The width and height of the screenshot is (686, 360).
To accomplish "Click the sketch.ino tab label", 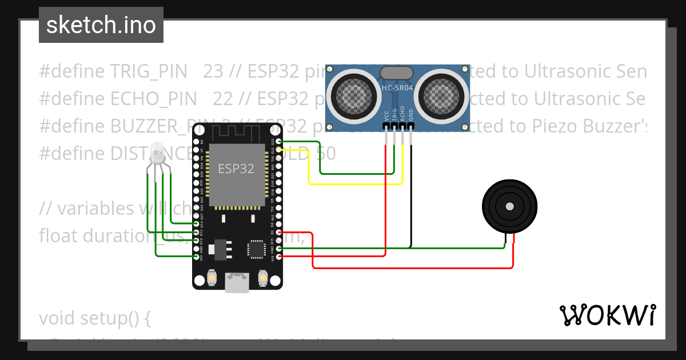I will [x=101, y=25].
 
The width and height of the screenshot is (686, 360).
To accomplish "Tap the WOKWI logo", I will [x=607, y=315].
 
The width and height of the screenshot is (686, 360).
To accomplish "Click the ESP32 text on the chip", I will [x=236, y=169].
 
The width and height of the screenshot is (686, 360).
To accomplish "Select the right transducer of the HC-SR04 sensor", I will [x=441, y=94].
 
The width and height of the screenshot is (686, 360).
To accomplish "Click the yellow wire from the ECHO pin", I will [x=354, y=183].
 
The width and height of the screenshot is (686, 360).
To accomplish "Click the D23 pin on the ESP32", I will [x=278, y=141].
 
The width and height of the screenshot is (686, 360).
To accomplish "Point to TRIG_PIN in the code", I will [x=148, y=71].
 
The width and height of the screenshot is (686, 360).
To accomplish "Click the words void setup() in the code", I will [x=94, y=318].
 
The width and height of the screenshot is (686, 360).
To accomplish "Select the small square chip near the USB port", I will [x=256, y=249].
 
